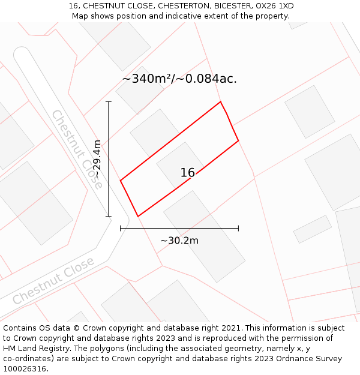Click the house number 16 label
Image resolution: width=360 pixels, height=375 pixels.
(188, 173)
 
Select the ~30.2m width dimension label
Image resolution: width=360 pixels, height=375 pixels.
(179, 241)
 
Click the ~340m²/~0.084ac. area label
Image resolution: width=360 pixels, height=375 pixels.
(179, 79)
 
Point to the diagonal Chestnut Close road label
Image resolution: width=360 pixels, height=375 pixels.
(77, 149)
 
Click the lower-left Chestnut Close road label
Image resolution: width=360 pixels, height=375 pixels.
(53, 280)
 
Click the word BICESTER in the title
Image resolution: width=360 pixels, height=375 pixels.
(228, 6)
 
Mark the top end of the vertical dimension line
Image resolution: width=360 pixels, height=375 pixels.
(109, 101)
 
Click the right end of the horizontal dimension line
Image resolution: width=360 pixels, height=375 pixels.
(238, 228)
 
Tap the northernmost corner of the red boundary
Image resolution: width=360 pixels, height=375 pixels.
(221, 101)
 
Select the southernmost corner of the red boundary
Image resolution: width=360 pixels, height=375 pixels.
(138, 216)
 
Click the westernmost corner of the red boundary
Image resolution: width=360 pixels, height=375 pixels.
(121, 179)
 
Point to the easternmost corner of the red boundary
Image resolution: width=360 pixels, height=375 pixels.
(238, 140)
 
